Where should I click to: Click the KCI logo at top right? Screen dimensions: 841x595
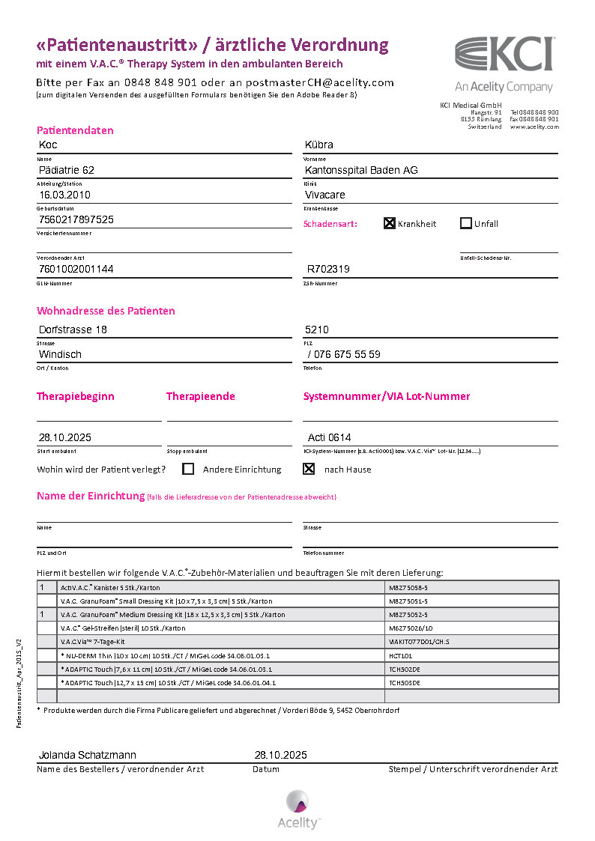pyautogui.click(x=504, y=55)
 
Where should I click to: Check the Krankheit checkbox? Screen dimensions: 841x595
pyautogui.click(x=390, y=223)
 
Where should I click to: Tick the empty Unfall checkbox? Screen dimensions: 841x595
pyautogui.click(x=466, y=223)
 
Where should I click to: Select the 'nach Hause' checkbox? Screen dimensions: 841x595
pyautogui.click(x=308, y=469)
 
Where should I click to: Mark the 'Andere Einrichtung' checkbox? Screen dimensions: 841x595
pyautogui.click(x=188, y=469)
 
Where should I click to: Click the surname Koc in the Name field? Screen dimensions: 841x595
pyautogui.click(x=48, y=145)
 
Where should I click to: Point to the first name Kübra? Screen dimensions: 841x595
pyautogui.click(x=319, y=145)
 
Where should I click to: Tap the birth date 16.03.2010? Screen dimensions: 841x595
pyautogui.click(x=64, y=195)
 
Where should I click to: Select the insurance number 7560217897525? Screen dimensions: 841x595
pyautogui.click(x=76, y=219)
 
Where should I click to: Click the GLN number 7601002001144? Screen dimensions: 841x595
pyautogui.click(x=76, y=268)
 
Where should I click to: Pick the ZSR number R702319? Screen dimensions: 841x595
pyautogui.click(x=328, y=268)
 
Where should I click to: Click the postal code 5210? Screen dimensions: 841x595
pyautogui.click(x=318, y=330)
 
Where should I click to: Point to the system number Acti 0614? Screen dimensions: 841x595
pyautogui.click(x=330, y=437)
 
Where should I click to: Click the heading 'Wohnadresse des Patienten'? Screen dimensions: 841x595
pyautogui.click(x=106, y=311)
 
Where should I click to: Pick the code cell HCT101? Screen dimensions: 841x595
pyautogui.click(x=401, y=655)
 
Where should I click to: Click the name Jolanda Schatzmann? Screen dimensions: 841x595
pyautogui.click(x=88, y=755)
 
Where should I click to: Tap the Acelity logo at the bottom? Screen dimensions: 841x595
pyautogui.click(x=298, y=809)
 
